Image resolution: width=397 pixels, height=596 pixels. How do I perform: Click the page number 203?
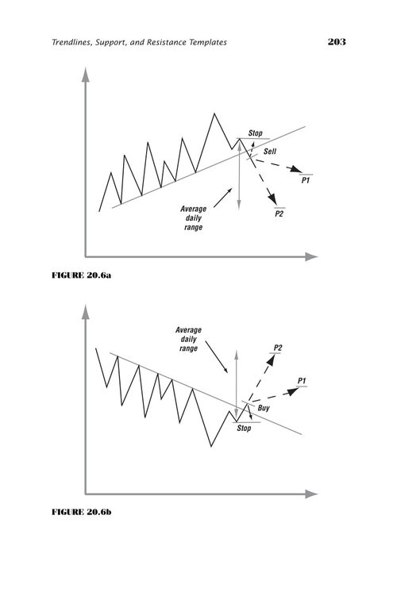(x=337, y=41)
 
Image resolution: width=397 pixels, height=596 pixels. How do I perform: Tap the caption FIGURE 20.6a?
(x=81, y=275)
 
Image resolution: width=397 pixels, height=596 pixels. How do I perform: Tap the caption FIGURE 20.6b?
(x=81, y=512)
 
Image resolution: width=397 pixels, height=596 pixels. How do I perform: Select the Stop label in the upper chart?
(x=255, y=133)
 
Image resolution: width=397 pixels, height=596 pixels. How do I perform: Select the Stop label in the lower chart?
(x=244, y=428)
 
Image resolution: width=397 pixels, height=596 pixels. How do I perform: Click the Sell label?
(x=270, y=152)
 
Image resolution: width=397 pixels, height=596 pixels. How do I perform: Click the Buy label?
(x=264, y=408)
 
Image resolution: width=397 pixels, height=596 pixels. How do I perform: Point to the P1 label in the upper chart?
(x=306, y=180)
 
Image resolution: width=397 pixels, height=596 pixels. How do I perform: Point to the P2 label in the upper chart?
(x=279, y=213)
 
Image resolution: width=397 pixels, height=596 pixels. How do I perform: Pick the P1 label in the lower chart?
(x=302, y=380)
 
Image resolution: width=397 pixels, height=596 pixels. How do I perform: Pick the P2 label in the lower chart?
(x=278, y=348)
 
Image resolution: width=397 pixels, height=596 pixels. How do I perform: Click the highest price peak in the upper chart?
(x=214, y=113)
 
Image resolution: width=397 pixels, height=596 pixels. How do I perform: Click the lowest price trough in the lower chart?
(x=211, y=446)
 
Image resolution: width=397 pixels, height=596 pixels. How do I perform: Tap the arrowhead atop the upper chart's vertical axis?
(x=86, y=75)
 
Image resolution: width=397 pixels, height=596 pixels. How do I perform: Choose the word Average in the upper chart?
(x=193, y=209)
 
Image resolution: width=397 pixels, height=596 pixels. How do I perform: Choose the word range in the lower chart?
(x=188, y=348)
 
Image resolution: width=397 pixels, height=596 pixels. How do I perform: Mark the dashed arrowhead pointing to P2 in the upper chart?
(x=272, y=198)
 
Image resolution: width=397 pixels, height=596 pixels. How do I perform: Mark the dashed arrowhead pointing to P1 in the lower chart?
(x=292, y=391)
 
